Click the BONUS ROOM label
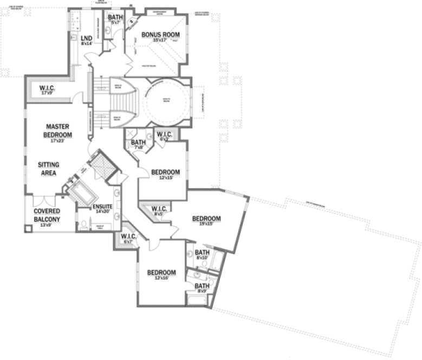(x=160, y=35)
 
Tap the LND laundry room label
(x=86, y=39)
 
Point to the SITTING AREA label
(x=48, y=168)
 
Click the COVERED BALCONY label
(x=47, y=215)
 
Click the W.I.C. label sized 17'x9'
(x=48, y=89)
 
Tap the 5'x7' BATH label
(x=115, y=19)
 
